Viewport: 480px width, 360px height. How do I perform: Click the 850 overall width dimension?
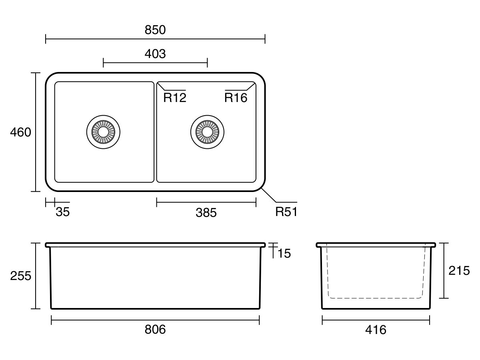[155, 30]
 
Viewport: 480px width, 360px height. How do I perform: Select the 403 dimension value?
[155, 54]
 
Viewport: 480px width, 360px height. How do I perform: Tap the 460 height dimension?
[20, 132]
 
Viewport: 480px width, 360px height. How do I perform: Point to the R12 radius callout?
[175, 98]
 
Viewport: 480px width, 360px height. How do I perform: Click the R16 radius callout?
[236, 98]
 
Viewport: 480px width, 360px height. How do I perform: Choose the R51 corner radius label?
[286, 212]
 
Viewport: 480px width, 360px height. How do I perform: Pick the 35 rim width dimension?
[62, 212]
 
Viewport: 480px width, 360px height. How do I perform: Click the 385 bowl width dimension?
[206, 213]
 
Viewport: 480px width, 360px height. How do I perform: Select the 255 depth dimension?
[20, 276]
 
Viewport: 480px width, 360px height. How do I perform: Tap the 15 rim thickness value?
[284, 253]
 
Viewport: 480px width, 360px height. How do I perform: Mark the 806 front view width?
[155, 330]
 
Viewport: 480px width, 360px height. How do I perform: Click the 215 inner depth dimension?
[459, 271]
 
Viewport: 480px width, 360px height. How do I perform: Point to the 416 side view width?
[376, 330]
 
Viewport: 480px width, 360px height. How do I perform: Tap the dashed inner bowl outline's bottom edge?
[376, 298]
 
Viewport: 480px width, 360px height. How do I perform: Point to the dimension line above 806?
[155, 320]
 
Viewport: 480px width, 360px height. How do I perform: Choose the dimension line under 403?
[155, 62]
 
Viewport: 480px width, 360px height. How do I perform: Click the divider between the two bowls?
[155, 132]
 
